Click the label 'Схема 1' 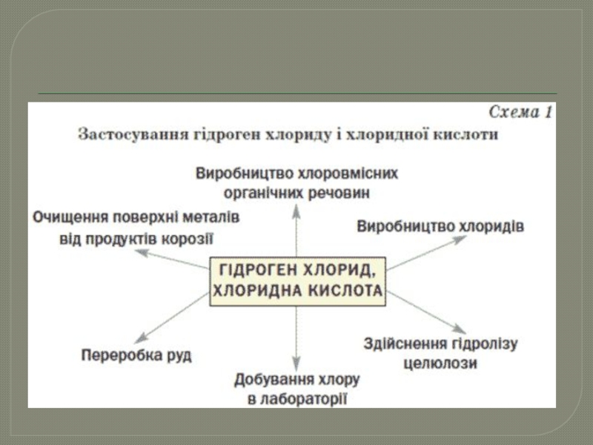(x=521, y=113)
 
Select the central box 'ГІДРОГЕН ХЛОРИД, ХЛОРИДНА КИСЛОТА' (x=297, y=279)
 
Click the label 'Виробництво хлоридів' (x=440, y=226)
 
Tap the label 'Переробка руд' (x=136, y=355)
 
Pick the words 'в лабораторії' (x=296, y=399)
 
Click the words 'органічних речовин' (x=296, y=193)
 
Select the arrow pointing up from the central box (x=296, y=230)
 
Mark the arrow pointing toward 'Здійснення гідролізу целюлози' (x=426, y=311)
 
